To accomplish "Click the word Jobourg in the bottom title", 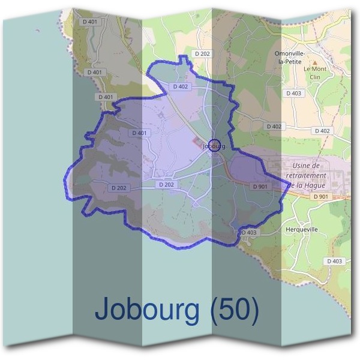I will point(149,310).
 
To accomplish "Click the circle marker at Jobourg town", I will point(214,145).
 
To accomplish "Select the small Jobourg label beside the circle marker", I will point(214,146).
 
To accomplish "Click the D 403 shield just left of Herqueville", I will point(248,232).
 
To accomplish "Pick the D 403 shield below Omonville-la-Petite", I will point(294,94).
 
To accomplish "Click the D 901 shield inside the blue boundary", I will point(260,187).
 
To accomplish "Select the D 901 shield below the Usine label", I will point(321,197).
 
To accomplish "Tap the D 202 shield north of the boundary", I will point(203,54).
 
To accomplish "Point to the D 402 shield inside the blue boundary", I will point(181,86).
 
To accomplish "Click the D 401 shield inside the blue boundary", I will point(138,133).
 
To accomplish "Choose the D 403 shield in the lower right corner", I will point(335,261).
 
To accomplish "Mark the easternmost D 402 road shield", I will point(322,131).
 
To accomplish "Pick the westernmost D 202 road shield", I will point(119,188).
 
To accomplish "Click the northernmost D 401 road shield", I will point(92,23).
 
